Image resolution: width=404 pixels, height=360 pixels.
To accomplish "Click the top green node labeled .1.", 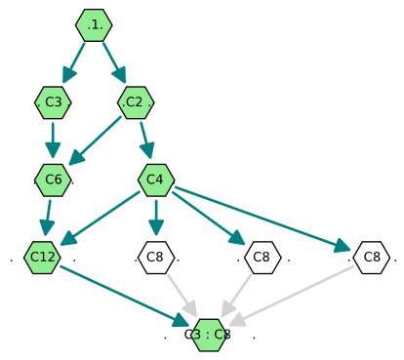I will coord(94,24).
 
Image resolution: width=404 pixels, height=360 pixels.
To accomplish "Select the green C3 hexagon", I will coord(53,101).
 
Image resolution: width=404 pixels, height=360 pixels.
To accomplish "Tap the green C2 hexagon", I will coord(135,101).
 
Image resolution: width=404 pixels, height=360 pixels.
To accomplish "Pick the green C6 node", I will coord(53,180).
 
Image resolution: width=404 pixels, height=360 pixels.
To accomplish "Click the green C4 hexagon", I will coord(156,180).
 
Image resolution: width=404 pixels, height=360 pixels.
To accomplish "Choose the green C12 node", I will coord(42,258).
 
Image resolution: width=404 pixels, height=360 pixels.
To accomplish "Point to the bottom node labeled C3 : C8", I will coord(210,335).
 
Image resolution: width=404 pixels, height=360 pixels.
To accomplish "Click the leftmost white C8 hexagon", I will coord(156,258).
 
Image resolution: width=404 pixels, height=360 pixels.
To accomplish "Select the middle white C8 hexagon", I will coord(261,258).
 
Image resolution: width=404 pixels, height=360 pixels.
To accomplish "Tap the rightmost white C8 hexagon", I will coord(371,258).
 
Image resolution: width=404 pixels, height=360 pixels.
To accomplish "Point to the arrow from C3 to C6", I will coord(53,140).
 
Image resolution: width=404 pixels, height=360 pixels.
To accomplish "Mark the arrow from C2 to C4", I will coord(145,140).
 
